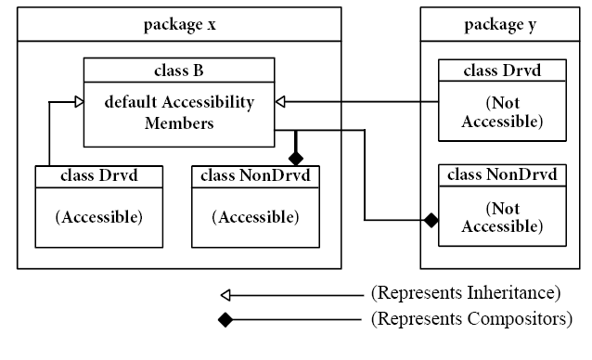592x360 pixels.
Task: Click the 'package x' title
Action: pos(179,24)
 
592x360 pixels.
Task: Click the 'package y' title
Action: pos(498,24)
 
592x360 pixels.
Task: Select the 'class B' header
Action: pos(179,70)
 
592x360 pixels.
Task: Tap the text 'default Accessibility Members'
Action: pos(179,112)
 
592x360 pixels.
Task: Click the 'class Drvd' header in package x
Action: pos(99,175)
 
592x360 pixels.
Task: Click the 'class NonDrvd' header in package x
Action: pos(255,175)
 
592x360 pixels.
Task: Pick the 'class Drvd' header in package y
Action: pos(502,70)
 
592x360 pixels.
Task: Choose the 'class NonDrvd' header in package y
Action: pos(502,175)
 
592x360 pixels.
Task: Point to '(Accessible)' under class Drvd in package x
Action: pos(99,217)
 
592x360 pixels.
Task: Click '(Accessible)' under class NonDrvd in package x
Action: pos(255,217)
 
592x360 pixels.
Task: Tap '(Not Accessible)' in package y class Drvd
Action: pos(502,112)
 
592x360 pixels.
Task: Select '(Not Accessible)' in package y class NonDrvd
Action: pos(502,218)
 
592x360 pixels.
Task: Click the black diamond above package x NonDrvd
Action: pos(296,157)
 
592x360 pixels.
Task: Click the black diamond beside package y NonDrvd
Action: pos(430,220)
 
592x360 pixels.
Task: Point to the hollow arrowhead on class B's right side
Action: pos(281,100)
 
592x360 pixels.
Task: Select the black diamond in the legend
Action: pos(225,321)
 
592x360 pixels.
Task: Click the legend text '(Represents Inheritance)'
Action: pos(465,294)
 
